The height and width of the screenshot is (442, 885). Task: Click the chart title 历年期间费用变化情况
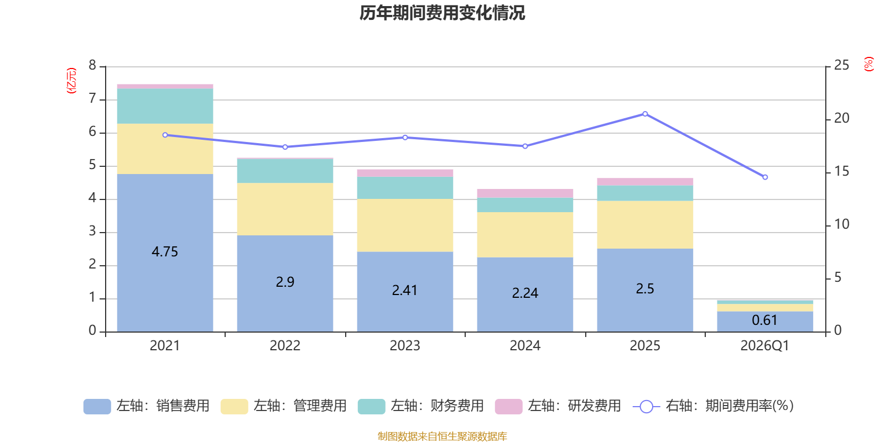(442, 13)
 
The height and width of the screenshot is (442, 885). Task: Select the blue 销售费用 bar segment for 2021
(165, 253)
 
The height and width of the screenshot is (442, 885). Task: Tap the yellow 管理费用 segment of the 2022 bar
(285, 209)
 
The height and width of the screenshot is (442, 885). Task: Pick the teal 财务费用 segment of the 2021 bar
(165, 106)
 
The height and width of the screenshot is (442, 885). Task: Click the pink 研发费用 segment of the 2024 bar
(525, 193)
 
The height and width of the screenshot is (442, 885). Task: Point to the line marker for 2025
(645, 114)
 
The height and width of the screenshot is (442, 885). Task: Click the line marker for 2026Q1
(765, 177)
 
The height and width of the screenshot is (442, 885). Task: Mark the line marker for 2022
(285, 147)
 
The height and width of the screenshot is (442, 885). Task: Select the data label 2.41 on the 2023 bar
(404, 291)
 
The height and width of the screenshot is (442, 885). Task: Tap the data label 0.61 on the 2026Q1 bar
(764, 320)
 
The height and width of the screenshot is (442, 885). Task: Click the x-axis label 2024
(525, 346)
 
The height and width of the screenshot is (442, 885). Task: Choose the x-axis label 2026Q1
(764, 346)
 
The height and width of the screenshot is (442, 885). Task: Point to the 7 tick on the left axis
(92, 98)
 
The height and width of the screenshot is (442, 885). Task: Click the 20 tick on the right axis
(841, 118)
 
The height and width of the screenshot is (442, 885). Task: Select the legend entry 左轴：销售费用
(147, 406)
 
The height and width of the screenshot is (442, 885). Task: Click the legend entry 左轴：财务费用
(421, 406)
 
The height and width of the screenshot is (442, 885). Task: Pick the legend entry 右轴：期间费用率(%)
(713, 406)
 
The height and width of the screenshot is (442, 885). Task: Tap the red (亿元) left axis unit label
(71, 81)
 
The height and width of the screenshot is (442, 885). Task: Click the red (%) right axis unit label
(868, 64)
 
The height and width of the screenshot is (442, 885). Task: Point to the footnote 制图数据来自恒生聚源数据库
(442, 436)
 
